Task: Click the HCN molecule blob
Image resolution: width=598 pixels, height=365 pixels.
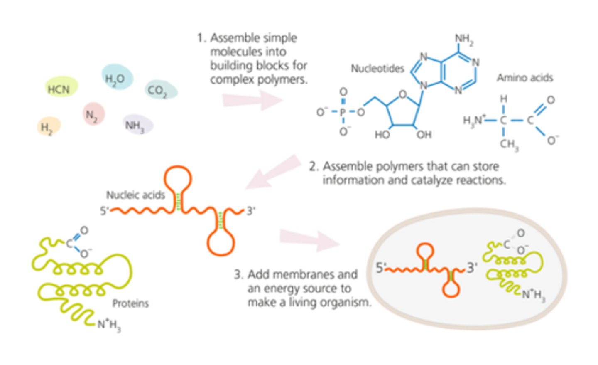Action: click(60, 88)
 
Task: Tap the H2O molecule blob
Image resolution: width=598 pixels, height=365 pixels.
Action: click(117, 78)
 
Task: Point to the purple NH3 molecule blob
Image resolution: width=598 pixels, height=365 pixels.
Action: click(137, 125)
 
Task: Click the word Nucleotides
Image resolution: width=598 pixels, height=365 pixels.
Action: click(377, 69)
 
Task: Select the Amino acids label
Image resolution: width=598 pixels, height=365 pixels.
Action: click(524, 78)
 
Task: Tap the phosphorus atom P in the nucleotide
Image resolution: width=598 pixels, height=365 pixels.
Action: click(343, 112)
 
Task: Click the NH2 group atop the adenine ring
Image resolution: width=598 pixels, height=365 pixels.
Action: click(464, 39)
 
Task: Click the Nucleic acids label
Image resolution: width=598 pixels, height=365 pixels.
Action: click(135, 195)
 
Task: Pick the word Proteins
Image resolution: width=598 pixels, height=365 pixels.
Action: click(130, 303)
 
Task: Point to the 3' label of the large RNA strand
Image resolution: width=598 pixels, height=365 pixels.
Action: click(251, 211)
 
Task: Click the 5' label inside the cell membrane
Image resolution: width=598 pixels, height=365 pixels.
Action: click(381, 267)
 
